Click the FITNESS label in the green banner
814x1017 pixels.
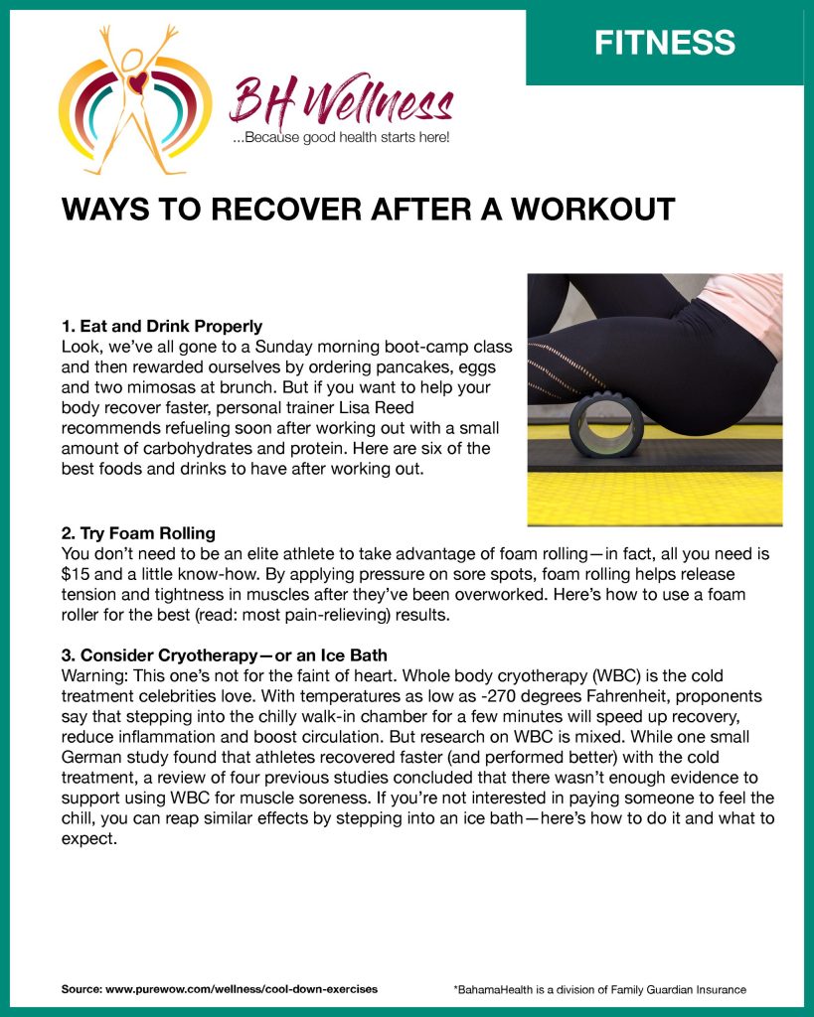tap(664, 43)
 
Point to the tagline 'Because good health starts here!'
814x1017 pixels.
tap(341, 137)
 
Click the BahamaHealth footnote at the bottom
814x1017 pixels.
tap(599, 989)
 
